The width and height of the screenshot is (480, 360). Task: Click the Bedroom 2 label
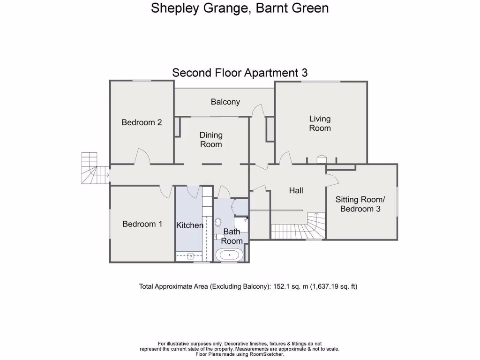[x=142, y=122]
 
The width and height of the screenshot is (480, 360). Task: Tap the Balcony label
[x=225, y=102]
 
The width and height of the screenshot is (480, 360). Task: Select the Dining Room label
[x=211, y=140]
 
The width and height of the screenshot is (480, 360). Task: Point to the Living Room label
[x=320, y=123]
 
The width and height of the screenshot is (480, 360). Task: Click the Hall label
[x=296, y=190]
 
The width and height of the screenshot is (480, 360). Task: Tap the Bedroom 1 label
[x=142, y=224]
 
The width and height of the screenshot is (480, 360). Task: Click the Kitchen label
[x=190, y=225]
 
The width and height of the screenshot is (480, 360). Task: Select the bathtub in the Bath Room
[x=229, y=255]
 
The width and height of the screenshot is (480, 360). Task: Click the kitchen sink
[x=191, y=256]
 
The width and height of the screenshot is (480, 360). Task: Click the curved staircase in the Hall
[x=300, y=227]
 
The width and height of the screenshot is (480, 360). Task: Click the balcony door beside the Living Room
[x=257, y=111]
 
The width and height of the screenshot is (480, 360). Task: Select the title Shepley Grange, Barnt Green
[x=240, y=8]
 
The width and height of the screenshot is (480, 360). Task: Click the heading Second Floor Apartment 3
[x=240, y=73]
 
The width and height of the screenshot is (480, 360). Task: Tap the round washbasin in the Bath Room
[x=218, y=222]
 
